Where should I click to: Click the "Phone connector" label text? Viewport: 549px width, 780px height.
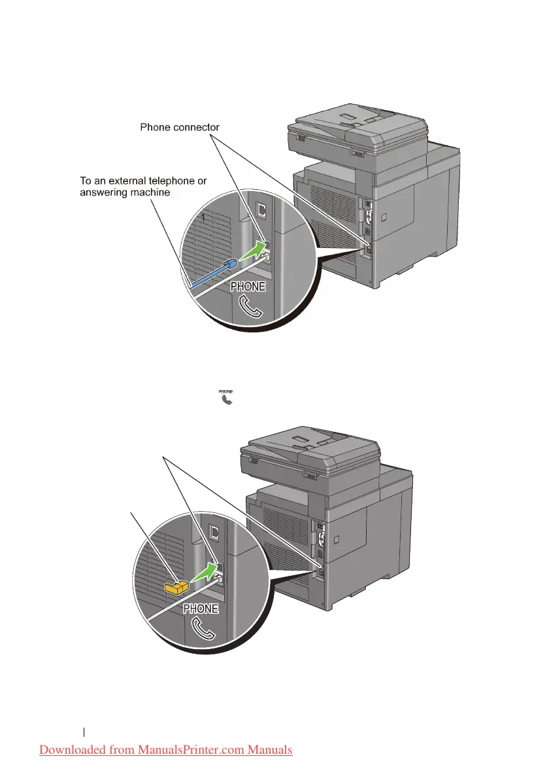tap(180, 126)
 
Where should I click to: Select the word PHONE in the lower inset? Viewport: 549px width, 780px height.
tap(201, 609)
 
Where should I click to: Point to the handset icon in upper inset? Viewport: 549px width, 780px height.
tap(250, 306)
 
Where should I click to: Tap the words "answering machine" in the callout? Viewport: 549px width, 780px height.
tap(122, 192)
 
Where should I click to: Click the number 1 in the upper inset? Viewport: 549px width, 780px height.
tap(203, 219)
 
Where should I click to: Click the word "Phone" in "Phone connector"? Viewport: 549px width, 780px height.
tap(156, 126)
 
